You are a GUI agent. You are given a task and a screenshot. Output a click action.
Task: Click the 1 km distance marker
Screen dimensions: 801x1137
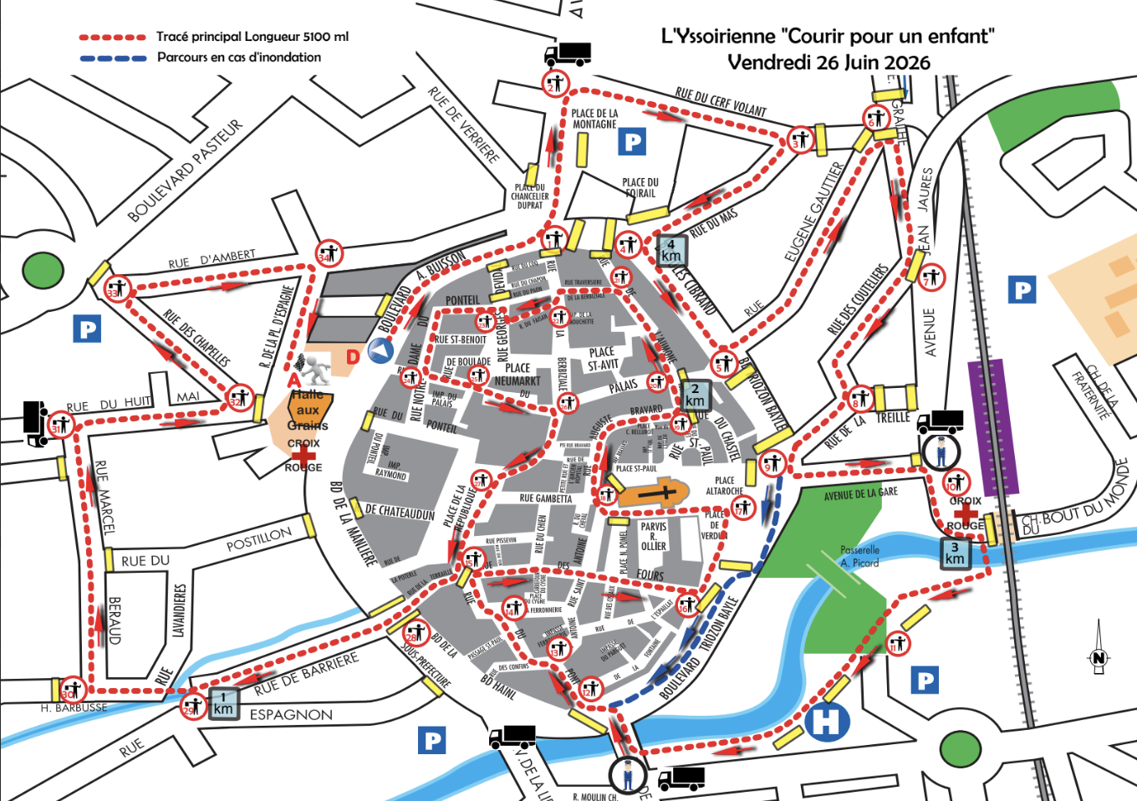tap(223, 703)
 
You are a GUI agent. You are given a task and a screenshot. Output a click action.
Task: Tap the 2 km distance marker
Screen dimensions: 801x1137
tap(695, 395)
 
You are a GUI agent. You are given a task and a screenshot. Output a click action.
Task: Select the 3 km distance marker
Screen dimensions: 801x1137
tap(955, 554)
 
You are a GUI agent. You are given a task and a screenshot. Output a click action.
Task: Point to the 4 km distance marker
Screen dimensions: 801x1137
tap(670, 251)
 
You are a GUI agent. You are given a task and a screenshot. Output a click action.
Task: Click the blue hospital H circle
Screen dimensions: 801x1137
tap(827, 721)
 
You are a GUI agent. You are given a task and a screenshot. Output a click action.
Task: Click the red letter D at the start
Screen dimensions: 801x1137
tap(353, 357)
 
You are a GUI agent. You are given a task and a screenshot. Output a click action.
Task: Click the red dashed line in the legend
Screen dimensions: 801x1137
tap(113, 38)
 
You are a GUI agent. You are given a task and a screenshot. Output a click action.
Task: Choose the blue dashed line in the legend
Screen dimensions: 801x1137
tap(113, 59)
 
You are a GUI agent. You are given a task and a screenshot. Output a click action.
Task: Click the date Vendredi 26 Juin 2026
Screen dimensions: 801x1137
tap(828, 63)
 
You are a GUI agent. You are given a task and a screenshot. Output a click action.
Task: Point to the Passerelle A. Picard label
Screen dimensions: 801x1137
tap(859, 556)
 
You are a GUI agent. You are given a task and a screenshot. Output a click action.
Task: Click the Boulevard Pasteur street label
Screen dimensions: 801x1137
tap(185, 171)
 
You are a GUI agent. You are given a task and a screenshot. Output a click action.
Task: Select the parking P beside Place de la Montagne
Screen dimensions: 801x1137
tap(633, 142)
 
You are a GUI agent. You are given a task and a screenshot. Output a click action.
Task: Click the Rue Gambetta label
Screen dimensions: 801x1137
tap(545, 498)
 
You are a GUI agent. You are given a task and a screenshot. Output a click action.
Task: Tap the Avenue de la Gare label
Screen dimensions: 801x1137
tap(860, 494)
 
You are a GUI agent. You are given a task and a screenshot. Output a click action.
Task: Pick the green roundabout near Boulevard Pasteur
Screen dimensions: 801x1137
tap(43, 271)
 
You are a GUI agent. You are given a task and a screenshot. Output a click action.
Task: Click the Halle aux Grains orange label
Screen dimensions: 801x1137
tap(308, 409)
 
